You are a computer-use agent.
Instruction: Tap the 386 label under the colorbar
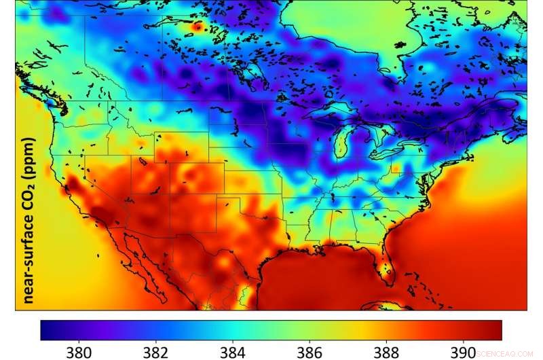click(310, 351)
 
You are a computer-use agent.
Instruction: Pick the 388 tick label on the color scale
click(387, 351)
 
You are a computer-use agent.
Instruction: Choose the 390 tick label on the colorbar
click(464, 351)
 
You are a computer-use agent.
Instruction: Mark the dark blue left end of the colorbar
click(45, 330)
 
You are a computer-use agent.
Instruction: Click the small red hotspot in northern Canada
click(198, 26)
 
